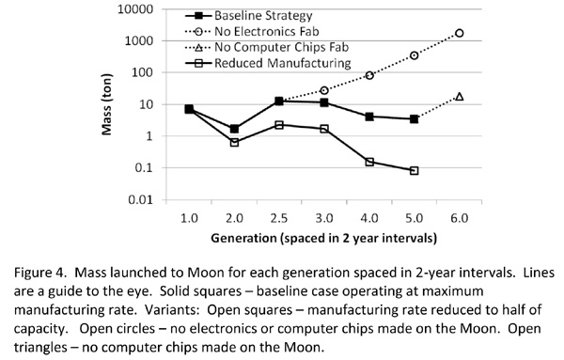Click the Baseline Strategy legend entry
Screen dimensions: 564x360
[248, 16]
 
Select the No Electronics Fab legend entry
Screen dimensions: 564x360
[252, 32]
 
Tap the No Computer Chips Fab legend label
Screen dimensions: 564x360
[281, 47]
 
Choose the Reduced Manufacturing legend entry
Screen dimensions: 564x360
[268, 63]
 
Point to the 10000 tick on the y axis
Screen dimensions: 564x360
[135, 9]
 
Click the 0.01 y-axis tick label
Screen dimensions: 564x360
[141, 199]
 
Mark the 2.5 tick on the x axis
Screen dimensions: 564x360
[279, 218]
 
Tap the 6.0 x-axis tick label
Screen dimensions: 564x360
[460, 218]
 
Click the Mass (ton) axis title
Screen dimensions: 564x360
[107, 104]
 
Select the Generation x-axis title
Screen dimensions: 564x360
[323, 238]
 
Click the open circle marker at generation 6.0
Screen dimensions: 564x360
[460, 33]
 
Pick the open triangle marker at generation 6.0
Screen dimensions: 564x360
[460, 97]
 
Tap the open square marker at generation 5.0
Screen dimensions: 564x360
[414, 170]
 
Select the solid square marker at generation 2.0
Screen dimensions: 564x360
[234, 129]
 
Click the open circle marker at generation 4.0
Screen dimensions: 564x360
[369, 75]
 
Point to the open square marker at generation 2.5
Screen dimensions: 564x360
[279, 125]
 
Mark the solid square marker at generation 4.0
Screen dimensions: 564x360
[369, 117]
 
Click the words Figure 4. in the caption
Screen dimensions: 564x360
[40, 273]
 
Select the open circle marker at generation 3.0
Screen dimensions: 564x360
[324, 90]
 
